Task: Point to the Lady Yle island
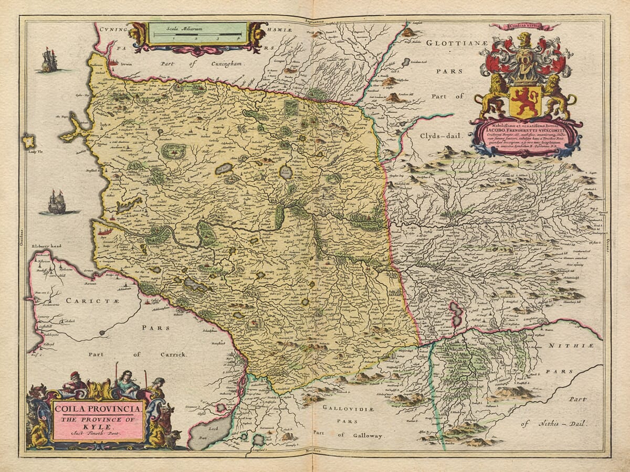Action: (28, 141)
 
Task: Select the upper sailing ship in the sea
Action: (49, 60)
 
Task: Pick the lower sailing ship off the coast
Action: (57, 202)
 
